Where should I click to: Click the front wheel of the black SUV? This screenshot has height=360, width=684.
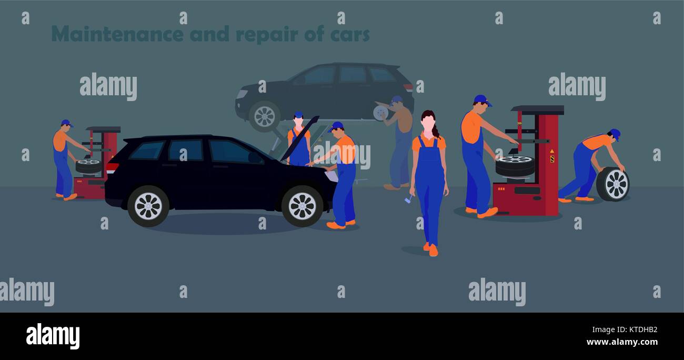pyautogui.click(x=302, y=206)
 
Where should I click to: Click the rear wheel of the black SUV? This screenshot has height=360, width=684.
pyautogui.click(x=148, y=206)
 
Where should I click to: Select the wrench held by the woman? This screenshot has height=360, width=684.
pyautogui.click(x=408, y=198)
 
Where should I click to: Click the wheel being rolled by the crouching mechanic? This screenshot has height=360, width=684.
pyautogui.click(x=613, y=184)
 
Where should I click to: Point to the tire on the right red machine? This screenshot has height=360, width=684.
pyautogui.click(x=515, y=165)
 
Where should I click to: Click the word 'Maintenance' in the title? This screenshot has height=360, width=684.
pyautogui.click(x=117, y=34)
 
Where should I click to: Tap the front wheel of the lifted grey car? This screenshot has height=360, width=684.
pyautogui.click(x=264, y=116)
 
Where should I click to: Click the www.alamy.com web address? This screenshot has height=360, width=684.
pyautogui.click(x=621, y=342)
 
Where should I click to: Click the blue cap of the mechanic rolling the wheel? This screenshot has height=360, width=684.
pyautogui.click(x=615, y=134)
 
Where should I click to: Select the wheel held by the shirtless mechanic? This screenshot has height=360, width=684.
pyautogui.click(x=380, y=113)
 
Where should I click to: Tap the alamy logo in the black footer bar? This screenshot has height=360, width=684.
pyautogui.click(x=53, y=336)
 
